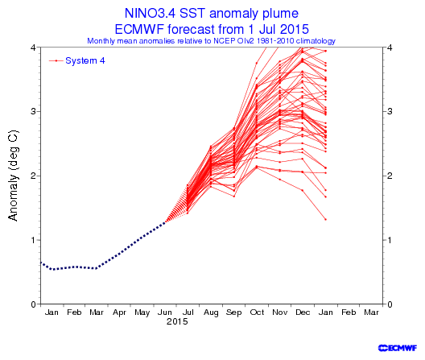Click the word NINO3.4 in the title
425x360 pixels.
151,13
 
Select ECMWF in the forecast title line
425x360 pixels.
139,29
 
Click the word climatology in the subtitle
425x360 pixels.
316,41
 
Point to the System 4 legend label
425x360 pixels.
85,60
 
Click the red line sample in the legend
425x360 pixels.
56,60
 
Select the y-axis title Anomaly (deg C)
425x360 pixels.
13,176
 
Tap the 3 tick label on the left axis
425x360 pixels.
33,111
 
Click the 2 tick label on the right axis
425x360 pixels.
390,176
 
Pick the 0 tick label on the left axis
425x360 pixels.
33,304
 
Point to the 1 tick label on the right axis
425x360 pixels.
390,240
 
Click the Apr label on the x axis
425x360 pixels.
119,312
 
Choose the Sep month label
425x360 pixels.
233,312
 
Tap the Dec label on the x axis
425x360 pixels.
303,312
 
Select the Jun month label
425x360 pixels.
165,312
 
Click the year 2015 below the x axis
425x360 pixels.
177,322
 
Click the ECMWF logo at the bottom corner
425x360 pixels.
398,348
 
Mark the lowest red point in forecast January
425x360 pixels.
325,219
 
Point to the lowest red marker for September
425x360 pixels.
234,197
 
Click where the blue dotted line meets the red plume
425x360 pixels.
165,222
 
